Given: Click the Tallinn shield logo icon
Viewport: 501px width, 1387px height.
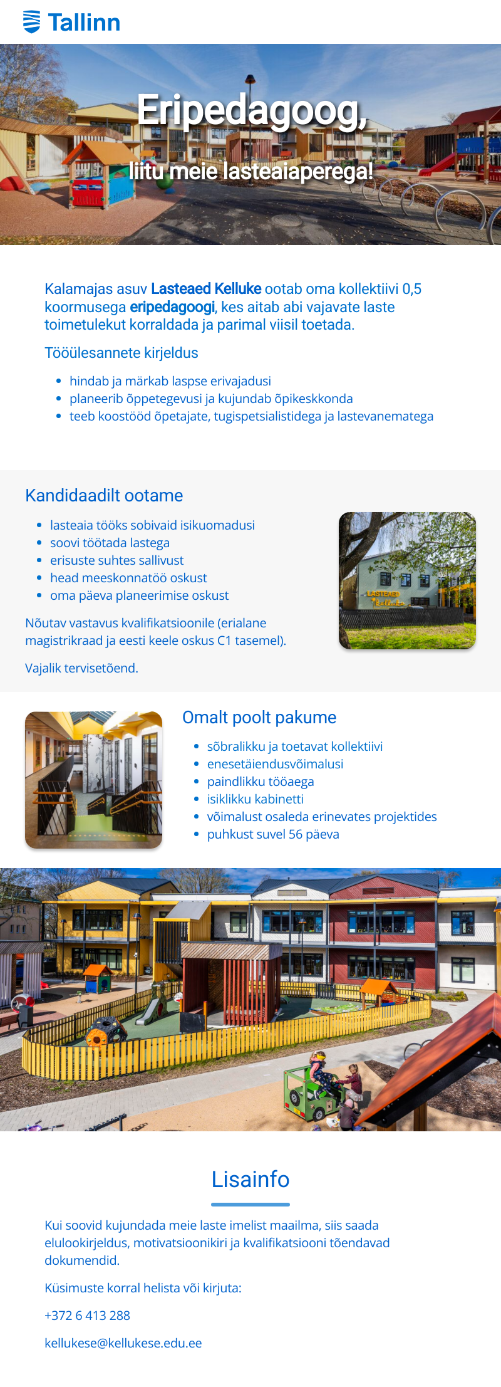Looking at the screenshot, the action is [x=31, y=22].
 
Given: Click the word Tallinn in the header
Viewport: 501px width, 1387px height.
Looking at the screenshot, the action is [x=84, y=23].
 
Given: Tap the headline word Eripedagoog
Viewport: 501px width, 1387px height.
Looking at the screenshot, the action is [x=251, y=110].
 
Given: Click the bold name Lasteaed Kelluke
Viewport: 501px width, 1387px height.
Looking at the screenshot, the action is [x=206, y=289].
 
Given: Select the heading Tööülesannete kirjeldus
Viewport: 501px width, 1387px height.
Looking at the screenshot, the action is [x=121, y=353].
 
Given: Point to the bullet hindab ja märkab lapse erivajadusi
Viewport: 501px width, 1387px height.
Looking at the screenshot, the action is [x=170, y=381].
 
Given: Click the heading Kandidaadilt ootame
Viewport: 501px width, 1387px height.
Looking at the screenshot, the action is [x=104, y=496].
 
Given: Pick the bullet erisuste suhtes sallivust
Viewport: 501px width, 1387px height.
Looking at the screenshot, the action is [x=117, y=560].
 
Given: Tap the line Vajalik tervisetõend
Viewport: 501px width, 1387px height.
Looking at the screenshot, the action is [x=81, y=668].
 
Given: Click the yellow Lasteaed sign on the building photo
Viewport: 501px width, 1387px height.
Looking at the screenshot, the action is [x=383, y=594].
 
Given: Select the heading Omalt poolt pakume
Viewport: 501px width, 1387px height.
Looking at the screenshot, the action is [x=259, y=718].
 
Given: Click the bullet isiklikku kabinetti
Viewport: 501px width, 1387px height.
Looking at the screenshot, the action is [x=256, y=799].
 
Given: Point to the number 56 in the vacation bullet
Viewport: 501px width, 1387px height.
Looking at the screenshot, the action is [x=296, y=834].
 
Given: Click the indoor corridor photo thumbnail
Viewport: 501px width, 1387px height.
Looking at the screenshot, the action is [x=94, y=780].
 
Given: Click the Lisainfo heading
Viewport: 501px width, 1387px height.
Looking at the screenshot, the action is [x=250, y=1180].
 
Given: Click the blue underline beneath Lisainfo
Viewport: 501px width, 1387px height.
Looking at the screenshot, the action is [x=250, y=1204].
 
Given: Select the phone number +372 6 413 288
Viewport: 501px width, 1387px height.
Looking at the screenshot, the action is [x=87, y=1316].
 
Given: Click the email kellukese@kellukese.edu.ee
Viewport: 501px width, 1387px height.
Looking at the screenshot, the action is [x=123, y=1343].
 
